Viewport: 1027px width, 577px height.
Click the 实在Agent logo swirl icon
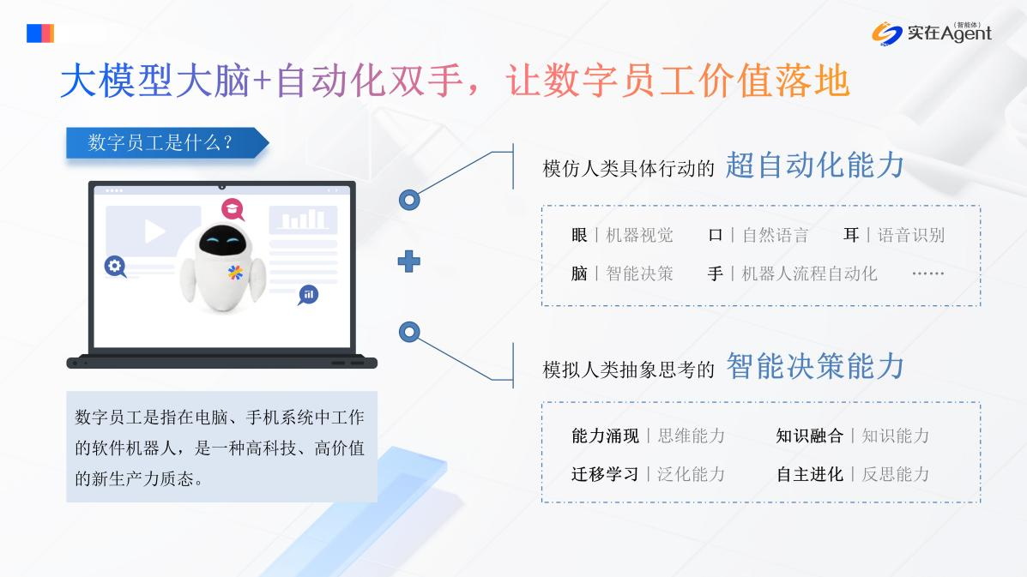(886, 33)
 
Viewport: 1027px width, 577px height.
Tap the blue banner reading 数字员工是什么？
(167, 142)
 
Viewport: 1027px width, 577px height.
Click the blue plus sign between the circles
(408, 261)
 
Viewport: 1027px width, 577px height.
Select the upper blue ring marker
(409, 200)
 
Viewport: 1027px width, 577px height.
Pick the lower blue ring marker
(409, 333)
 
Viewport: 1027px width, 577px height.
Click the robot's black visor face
(223, 242)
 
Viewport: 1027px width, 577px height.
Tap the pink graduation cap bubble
(232, 209)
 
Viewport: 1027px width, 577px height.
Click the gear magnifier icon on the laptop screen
(115, 267)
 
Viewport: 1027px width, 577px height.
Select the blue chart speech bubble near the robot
(309, 295)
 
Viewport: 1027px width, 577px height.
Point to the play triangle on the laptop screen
(154, 231)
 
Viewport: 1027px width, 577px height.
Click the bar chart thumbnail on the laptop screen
(303, 219)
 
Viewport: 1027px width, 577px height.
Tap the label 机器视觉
(639, 235)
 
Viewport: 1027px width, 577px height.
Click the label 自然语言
(776, 235)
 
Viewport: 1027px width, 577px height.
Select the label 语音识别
(911, 235)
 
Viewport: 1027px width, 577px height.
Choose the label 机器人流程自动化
(809, 273)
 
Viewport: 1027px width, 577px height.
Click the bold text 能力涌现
(605, 436)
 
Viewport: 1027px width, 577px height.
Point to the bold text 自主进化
(809, 474)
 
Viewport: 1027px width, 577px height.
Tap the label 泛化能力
(691, 474)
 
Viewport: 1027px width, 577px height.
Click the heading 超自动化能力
(815, 165)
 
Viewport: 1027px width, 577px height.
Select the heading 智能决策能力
(815, 366)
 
